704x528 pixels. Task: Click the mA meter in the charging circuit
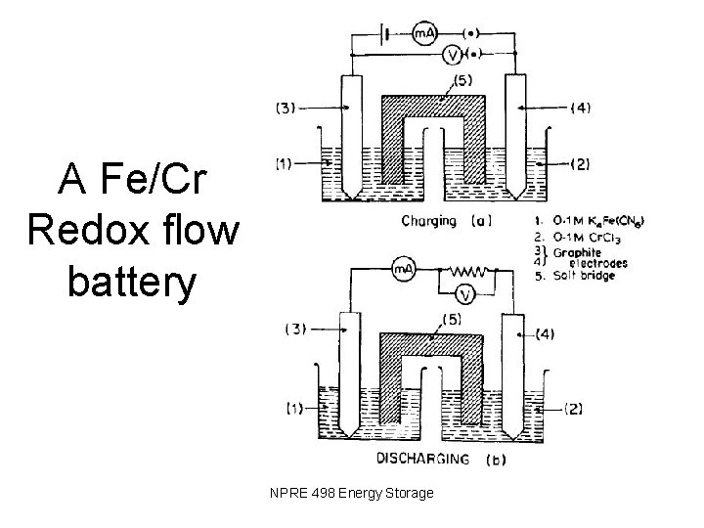[x=424, y=33]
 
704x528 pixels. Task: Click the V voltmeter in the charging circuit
[x=453, y=55]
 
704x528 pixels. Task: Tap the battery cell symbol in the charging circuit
[x=386, y=33]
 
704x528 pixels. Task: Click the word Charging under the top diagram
[x=429, y=221]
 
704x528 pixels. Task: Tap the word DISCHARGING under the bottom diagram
[x=422, y=459]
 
